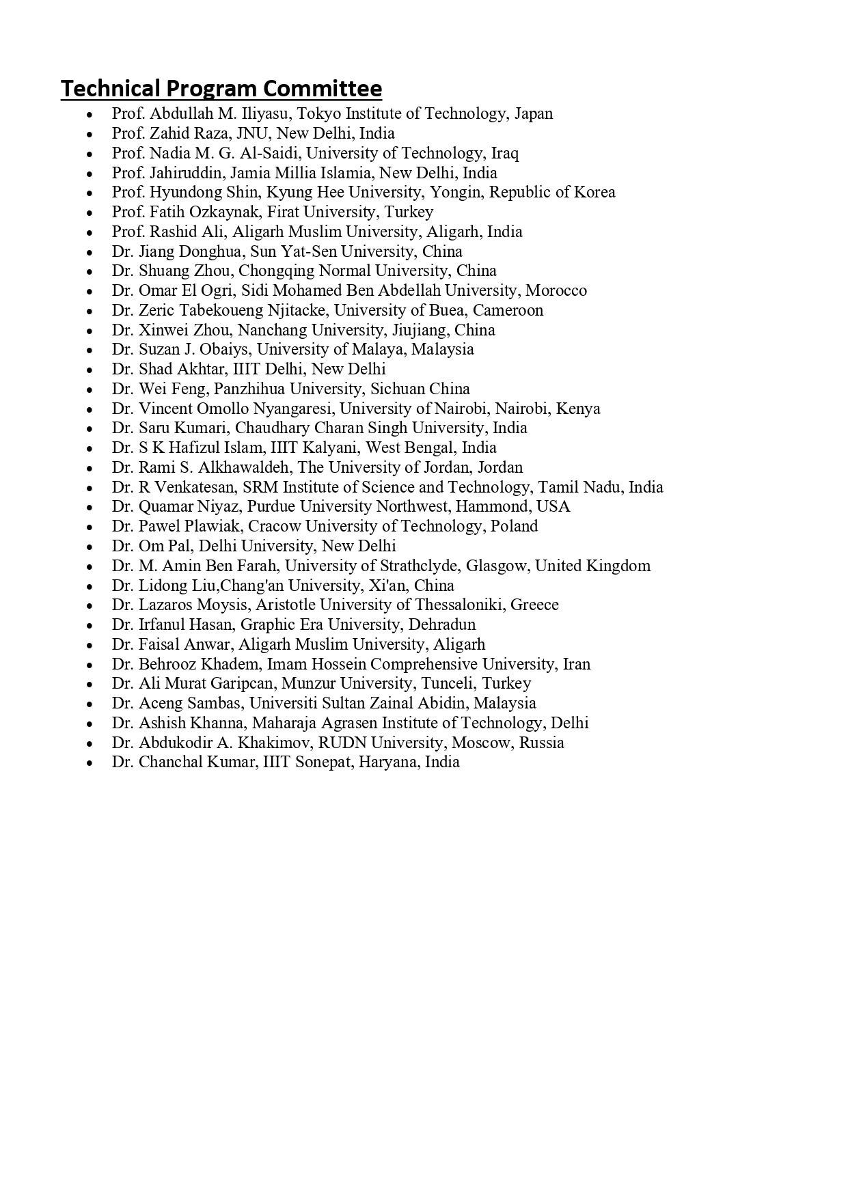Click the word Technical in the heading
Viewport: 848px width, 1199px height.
tap(110, 89)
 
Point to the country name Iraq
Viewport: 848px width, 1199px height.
tap(505, 153)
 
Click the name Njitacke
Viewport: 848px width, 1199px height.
tap(298, 310)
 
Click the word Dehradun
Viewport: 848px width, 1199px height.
tap(442, 624)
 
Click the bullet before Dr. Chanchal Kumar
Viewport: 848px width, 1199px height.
tap(90, 763)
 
